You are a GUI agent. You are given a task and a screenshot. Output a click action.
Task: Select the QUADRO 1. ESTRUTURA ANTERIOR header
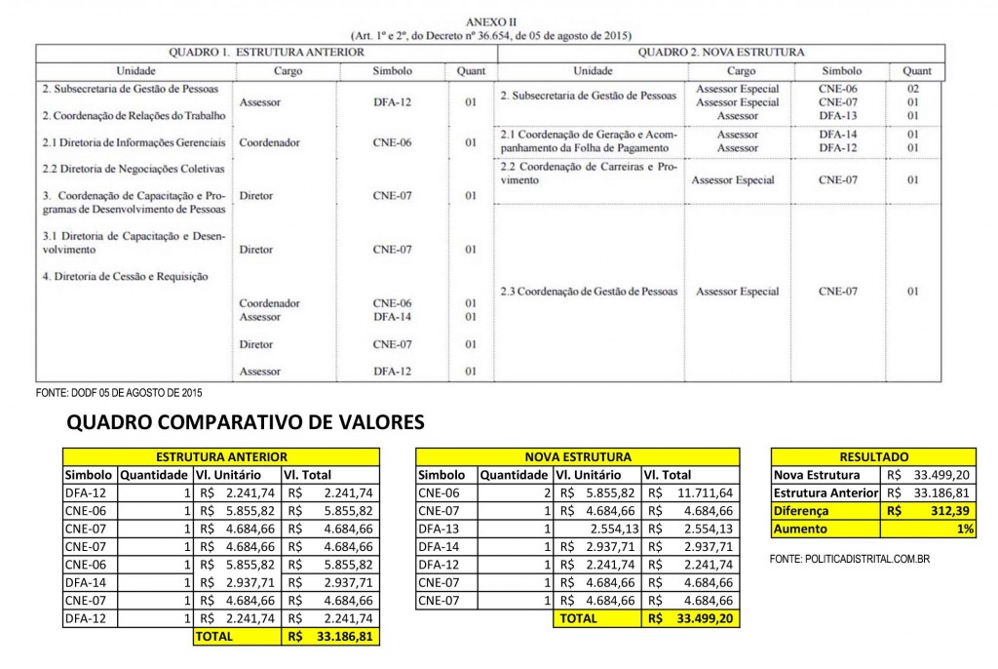266,52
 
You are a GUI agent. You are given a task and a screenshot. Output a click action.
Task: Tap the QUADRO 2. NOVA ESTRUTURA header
720,52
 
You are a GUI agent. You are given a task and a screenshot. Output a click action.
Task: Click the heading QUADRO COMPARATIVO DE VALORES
244,422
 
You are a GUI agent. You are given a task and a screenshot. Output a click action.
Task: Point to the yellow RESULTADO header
873,455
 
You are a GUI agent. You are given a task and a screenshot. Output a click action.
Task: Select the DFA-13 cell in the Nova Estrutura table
438,528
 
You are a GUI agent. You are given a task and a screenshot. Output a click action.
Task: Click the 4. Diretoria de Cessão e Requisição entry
125,276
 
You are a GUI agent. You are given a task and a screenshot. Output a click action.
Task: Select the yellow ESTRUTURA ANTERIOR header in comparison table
221,455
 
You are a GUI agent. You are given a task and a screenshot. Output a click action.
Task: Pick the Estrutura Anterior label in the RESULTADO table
825,492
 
